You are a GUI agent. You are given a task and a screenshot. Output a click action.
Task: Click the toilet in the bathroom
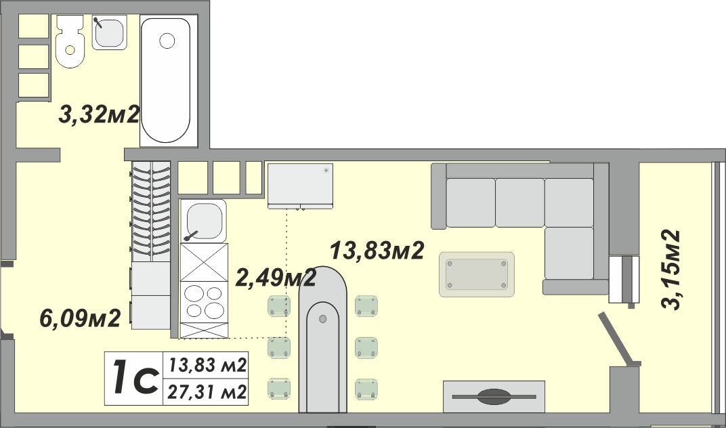70,42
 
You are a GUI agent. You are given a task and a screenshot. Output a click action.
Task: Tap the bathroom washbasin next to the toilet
109,33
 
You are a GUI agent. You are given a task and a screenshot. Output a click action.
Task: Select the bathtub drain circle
167,41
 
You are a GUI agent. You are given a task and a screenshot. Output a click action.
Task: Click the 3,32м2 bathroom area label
99,115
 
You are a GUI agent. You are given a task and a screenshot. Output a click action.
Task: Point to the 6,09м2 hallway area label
80,318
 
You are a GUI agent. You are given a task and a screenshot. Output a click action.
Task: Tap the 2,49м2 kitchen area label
276,278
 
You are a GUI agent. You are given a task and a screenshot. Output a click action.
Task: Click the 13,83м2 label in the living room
377,251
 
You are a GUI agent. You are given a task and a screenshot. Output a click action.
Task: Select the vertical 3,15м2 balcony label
671,270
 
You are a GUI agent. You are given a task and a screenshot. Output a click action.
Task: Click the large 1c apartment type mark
134,379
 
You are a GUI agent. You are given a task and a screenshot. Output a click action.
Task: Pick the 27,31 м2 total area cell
206,393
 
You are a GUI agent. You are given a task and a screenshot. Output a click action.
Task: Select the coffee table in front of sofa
477,274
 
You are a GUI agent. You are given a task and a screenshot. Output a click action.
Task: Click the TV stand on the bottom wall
494,396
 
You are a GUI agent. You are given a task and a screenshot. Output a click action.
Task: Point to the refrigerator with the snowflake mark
301,186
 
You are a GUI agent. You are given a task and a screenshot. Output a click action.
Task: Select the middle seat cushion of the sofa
520,202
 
